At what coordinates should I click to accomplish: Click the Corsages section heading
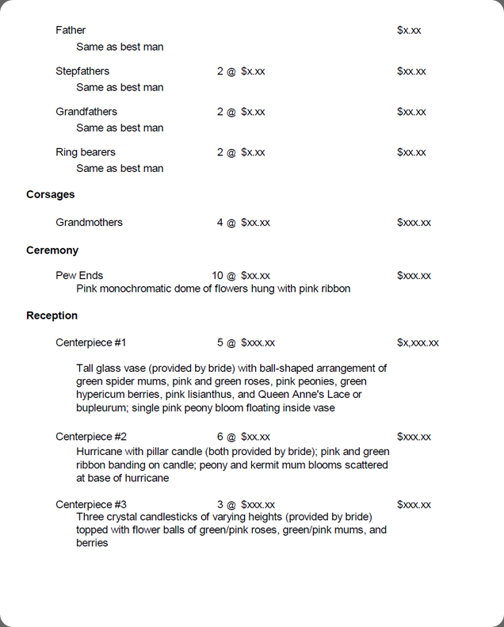tap(51, 194)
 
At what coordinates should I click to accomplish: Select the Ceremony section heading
tap(52, 250)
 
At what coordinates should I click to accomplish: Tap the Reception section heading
tap(52, 315)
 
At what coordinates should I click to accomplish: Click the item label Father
tap(71, 30)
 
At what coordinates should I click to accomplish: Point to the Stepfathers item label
tap(82, 71)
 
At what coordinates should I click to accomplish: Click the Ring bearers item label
tap(86, 152)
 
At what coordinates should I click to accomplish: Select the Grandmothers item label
tap(89, 223)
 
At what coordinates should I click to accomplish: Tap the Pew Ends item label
tap(79, 276)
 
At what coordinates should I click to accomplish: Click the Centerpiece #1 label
tap(91, 343)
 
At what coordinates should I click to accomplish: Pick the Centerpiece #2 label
tap(91, 437)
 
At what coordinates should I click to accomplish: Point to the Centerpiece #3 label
tap(91, 505)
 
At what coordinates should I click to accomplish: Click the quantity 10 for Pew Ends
tap(217, 276)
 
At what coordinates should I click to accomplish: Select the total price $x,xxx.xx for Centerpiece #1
tap(418, 343)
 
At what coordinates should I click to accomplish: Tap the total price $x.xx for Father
tap(409, 30)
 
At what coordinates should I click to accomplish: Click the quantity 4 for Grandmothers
tap(220, 223)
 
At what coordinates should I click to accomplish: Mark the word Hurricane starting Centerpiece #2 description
tap(100, 451)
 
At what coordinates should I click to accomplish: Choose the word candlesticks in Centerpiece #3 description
tap(179, 517)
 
